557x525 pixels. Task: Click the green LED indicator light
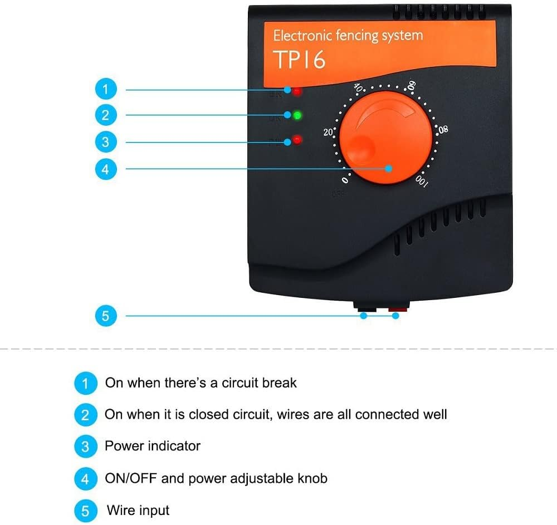pos(297,115)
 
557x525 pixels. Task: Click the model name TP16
pos(300,60)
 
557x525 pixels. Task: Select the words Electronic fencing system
pos(348,36)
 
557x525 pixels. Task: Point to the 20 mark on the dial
pos(329,132)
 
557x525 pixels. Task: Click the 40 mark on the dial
pos(360,89)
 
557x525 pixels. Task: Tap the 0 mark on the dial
pos(346,180)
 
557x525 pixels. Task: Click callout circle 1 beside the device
pos(106,89)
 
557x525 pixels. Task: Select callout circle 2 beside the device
pos(106,115)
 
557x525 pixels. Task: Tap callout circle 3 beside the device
pos(106,141)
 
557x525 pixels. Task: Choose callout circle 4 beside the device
pos(106,168)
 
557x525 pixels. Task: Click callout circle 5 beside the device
pos(106,316)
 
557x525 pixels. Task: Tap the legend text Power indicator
pos(152,446)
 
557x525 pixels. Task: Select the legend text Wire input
pos(138,510)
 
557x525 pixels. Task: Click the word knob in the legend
pos(312,478)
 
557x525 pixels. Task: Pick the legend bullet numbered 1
pos(85,383)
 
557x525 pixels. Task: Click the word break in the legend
pos(280,383)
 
